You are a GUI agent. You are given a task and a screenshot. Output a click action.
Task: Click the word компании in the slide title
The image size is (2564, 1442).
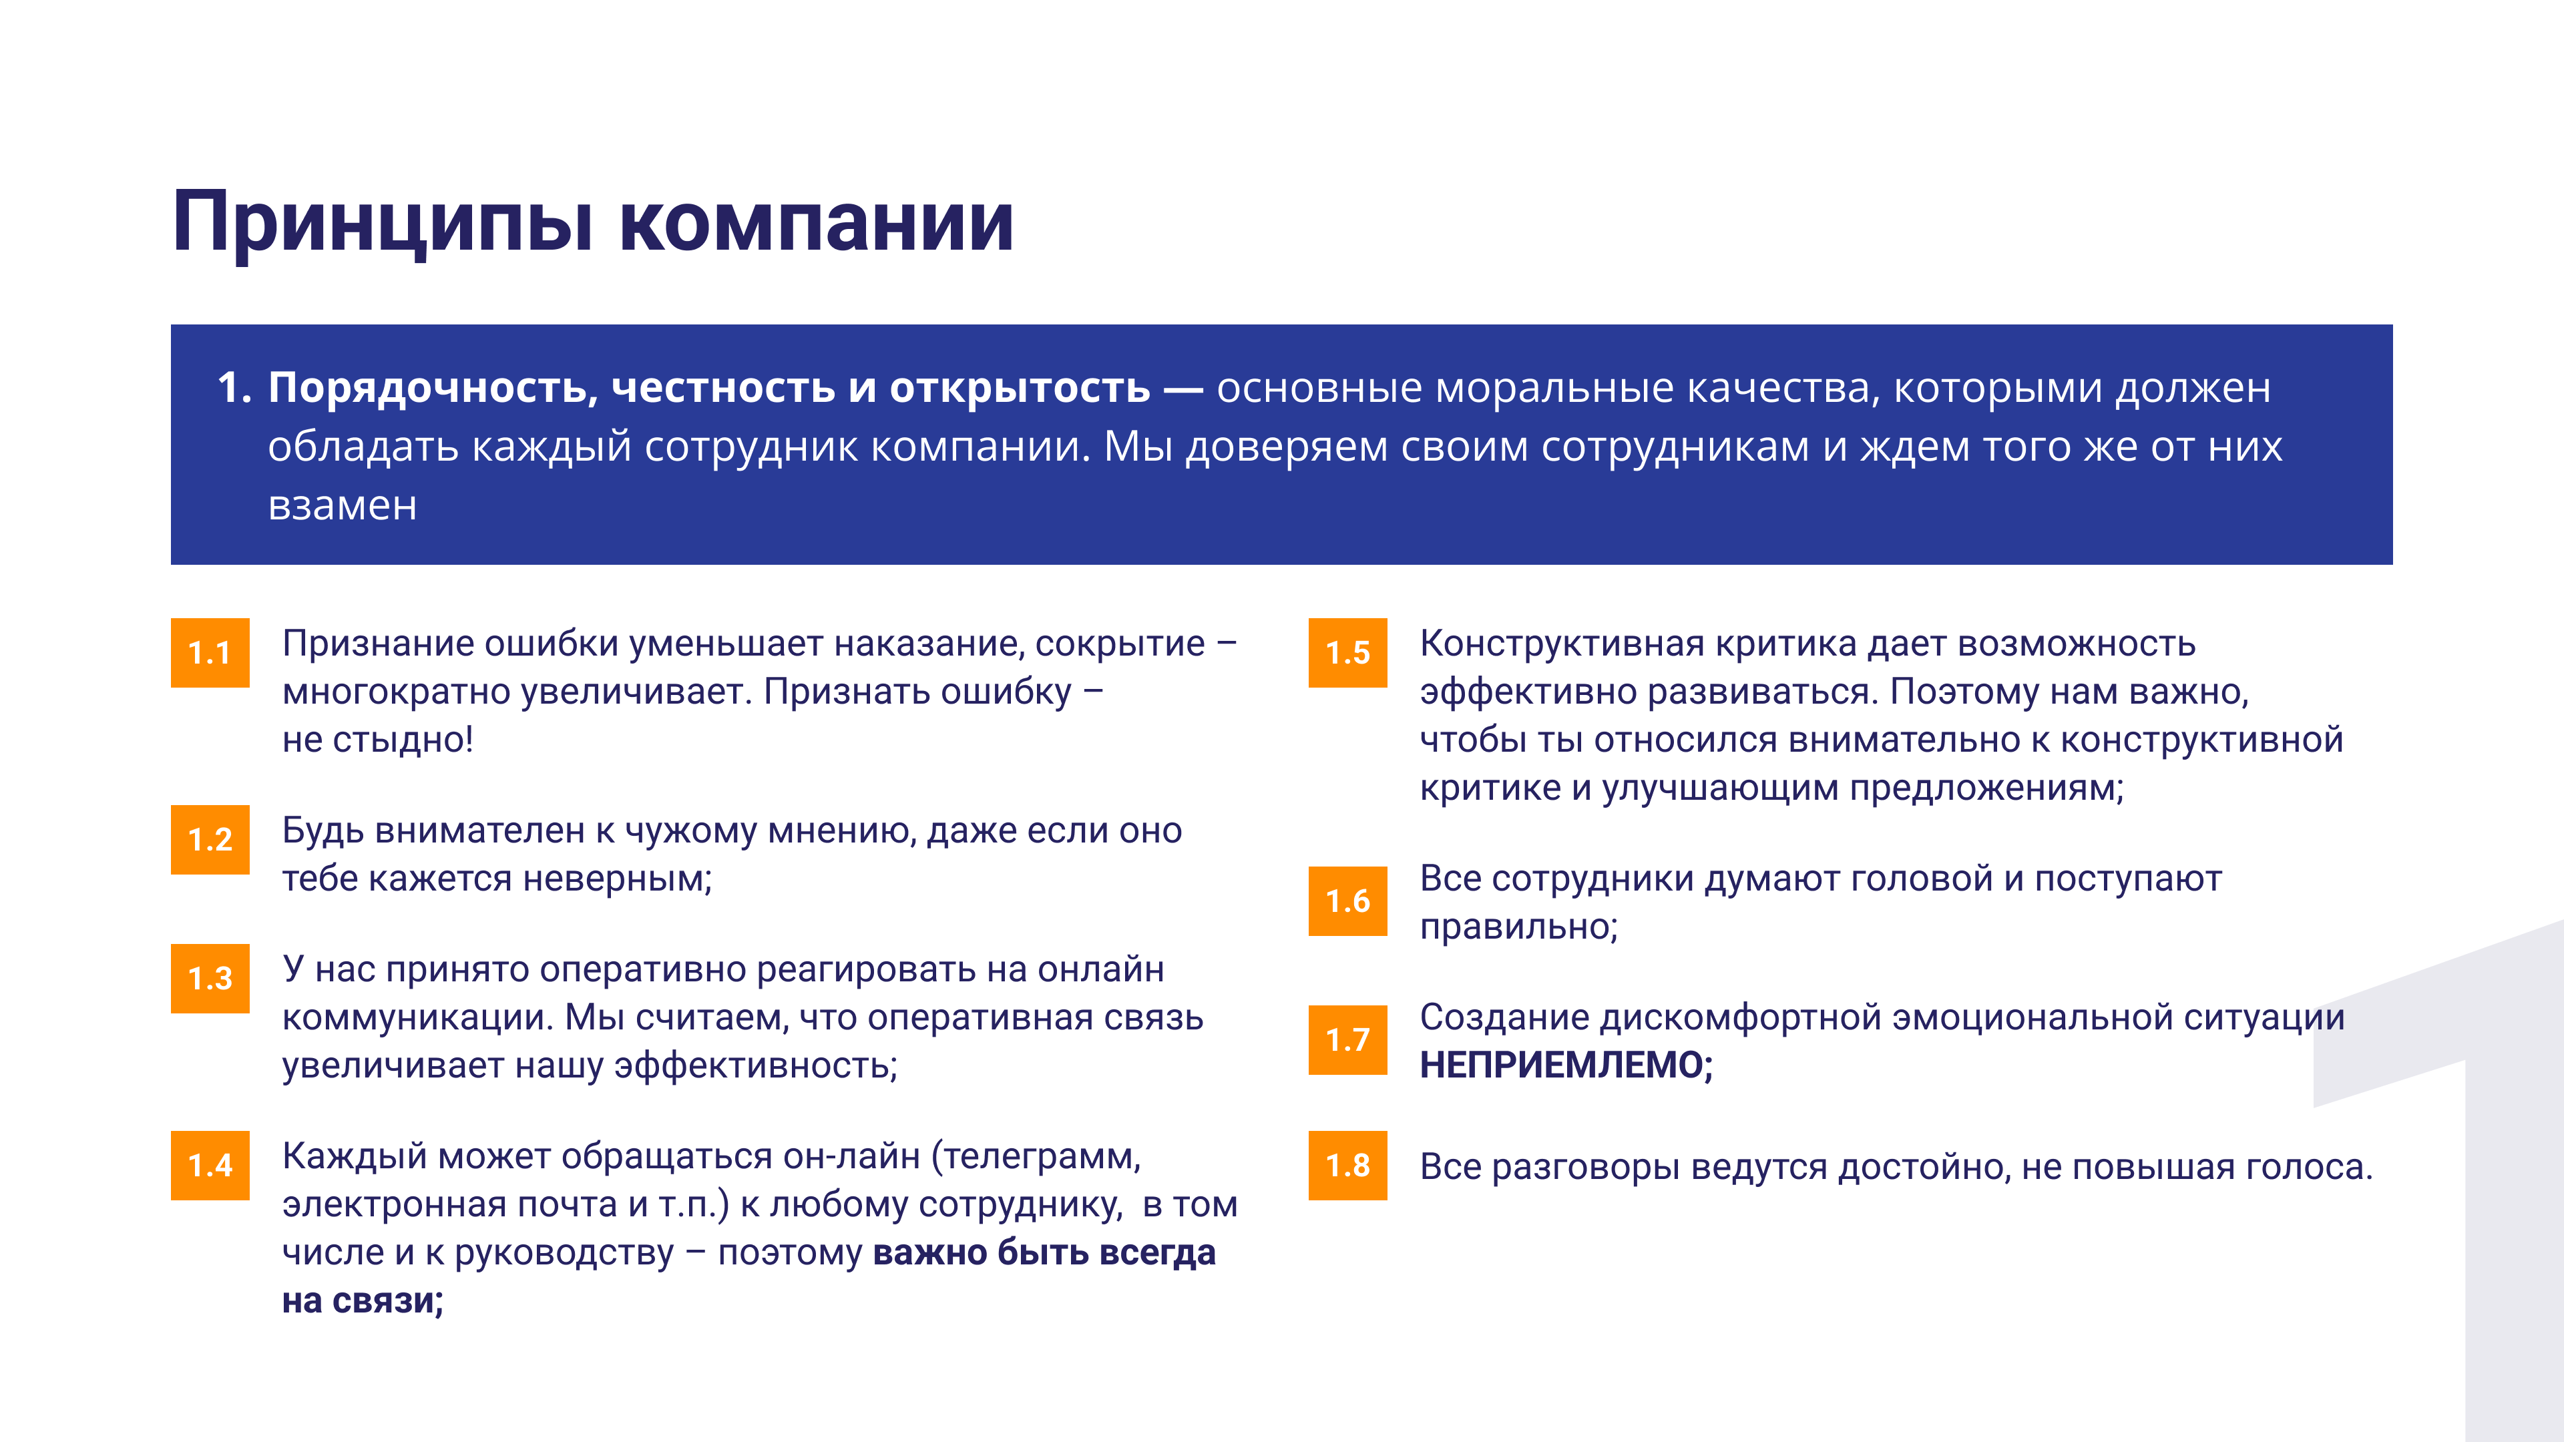[816, 223]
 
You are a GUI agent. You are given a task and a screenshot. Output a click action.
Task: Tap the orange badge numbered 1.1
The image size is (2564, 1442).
[210, 653]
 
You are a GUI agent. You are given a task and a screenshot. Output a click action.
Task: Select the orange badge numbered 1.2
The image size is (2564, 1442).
[210, 840]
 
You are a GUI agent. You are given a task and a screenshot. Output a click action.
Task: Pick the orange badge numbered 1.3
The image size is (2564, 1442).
[210, 978]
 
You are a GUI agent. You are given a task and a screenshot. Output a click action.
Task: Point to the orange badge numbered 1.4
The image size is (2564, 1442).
[210, 1166]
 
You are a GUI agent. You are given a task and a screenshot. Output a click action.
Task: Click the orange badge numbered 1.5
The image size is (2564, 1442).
[1347, 653]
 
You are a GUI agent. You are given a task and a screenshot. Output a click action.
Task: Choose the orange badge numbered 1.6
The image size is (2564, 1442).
[1347, 901]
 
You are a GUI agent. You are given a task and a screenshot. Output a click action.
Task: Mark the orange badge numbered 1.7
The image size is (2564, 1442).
[1347, 1040]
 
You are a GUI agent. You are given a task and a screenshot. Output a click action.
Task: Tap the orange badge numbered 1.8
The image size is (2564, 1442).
[1347, 1166]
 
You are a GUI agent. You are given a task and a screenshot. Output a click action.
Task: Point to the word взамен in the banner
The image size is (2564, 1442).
[343, 505]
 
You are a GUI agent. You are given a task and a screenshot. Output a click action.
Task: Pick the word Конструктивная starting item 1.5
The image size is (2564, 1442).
[1562, 644]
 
